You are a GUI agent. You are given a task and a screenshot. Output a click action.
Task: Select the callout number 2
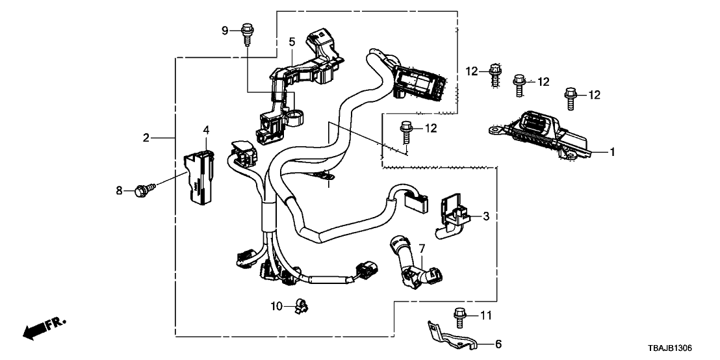[147, 137]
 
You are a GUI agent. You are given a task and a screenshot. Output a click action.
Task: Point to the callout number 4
[206, 131]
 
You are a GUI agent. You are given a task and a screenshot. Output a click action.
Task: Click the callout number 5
[292, 42]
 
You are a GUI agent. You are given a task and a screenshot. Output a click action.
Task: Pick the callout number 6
[498, 344]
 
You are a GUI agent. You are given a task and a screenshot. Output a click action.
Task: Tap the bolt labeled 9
[247, 32]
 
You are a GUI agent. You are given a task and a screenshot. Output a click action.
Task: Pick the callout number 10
[276, 305]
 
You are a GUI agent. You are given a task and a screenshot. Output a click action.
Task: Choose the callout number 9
[225, 30]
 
